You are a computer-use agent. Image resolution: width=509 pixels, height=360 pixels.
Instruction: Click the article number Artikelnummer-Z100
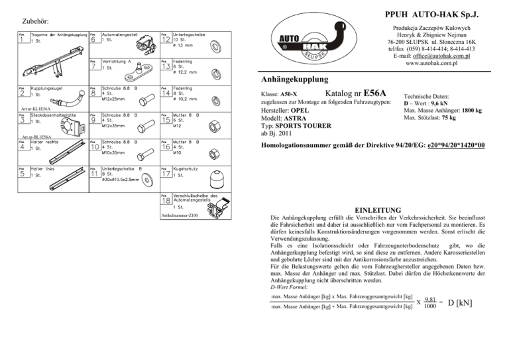coord(179,215)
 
